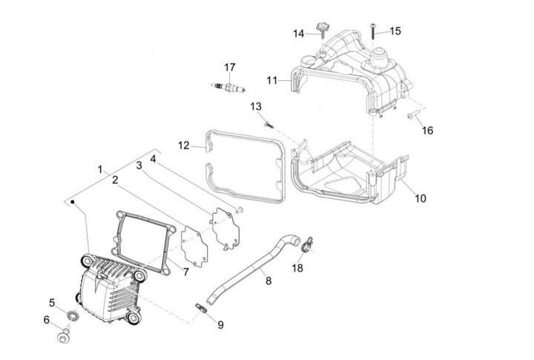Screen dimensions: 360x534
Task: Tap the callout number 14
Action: [x=298, y=33]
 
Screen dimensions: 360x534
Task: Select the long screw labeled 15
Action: [x=371, y=31]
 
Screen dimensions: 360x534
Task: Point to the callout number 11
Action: [x=271, y=79]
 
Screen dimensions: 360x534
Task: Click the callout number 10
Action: [x=421, y=199]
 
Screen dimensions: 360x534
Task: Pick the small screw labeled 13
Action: [x=270, y=124]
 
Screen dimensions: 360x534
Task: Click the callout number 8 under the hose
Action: [x=268, y=281]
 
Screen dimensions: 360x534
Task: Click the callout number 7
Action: [x=185, y=272]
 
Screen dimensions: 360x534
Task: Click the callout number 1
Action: [x=100, y=169]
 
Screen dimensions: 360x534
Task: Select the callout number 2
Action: [x=115, y=180]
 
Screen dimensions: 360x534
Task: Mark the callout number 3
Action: [x=139, y=165]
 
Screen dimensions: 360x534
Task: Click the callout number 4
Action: [x=153, y=158]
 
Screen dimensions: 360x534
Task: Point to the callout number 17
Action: [x=231, y=68]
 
